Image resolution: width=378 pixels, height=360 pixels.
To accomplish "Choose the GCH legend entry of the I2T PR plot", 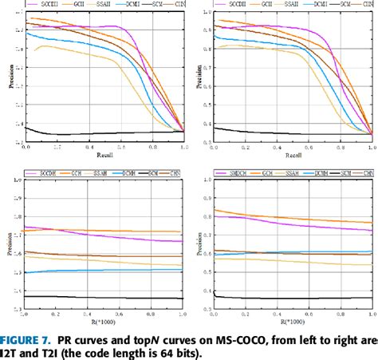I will coord(80,4).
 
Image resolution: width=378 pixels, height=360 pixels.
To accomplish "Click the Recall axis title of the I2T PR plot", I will coord(104,154).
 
